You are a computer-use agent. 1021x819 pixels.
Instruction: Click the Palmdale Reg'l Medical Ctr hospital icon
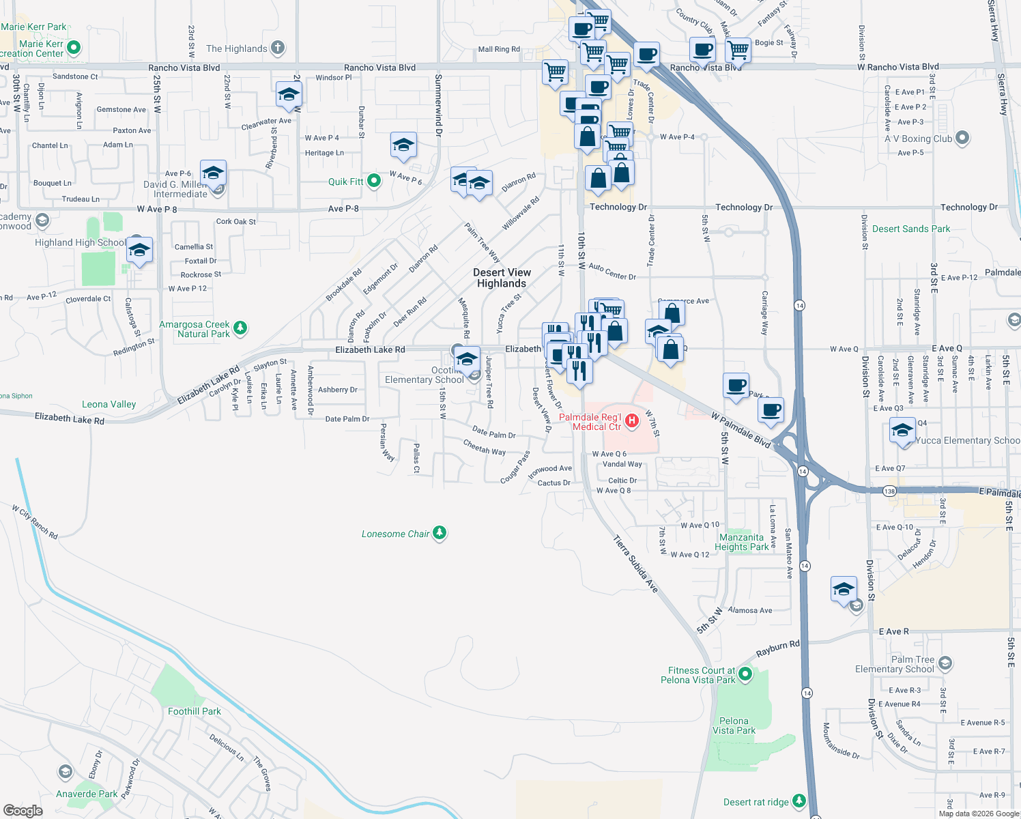[632, 420]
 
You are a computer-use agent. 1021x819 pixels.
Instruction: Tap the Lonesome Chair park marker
[440, 533]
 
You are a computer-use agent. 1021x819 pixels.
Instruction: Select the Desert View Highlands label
[502, 278]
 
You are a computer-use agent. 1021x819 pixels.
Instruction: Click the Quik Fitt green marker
[374, 181]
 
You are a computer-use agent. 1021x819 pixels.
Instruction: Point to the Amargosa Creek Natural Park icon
[240, 328]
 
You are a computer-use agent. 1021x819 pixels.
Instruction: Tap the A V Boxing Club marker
[962, 138]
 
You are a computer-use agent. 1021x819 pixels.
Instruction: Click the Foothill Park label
[195, 711]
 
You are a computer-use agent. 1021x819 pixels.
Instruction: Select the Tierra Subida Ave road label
[635, 564]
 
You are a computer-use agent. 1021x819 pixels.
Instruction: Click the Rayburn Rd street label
[777, 648]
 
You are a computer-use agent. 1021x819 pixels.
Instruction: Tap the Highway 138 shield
[889, 491]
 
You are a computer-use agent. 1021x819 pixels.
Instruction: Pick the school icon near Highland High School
[139, 250]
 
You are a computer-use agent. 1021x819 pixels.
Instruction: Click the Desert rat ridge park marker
[799, 801]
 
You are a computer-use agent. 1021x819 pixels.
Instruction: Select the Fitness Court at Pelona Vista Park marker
[745, 675]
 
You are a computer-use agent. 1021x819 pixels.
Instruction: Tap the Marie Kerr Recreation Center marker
[74, 48]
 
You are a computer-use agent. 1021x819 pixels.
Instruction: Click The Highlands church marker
[277, 48]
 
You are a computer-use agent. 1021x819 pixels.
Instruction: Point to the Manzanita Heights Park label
[741, 542]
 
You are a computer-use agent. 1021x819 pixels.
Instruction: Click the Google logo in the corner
[23, 810]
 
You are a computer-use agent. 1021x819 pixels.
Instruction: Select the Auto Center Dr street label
[612, 272]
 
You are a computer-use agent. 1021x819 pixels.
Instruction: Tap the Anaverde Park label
[87, 794]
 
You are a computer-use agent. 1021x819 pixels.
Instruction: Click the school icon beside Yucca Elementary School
[902, 432]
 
